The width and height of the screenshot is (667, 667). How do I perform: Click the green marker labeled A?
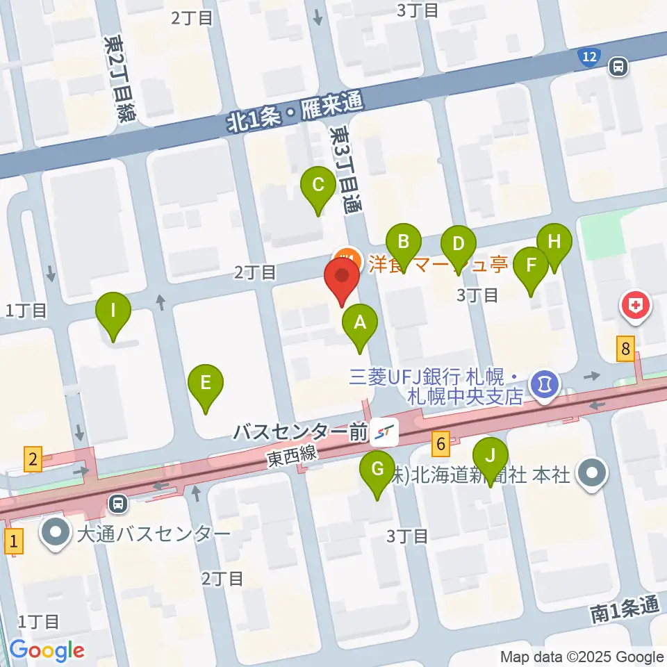click(x=360, y=324)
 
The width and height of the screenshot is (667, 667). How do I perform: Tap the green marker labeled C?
click(x=318, y=186)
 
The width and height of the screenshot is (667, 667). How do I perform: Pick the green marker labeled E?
click(x=206, y=384)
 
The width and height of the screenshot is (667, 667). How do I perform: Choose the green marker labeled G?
click(x=377, y=470)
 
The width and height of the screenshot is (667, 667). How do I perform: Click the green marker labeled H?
click(x=554, y=243)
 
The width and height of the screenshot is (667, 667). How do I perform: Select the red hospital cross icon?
click(x=636, y=305)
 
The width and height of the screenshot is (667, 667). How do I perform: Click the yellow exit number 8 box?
click(x=626, y=349)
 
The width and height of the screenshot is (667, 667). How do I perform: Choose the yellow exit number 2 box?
click(x=32, y=459)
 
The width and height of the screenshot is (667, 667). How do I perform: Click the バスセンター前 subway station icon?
click(x=385, y=434)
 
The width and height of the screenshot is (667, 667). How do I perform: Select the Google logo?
click(x=47, y=650)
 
